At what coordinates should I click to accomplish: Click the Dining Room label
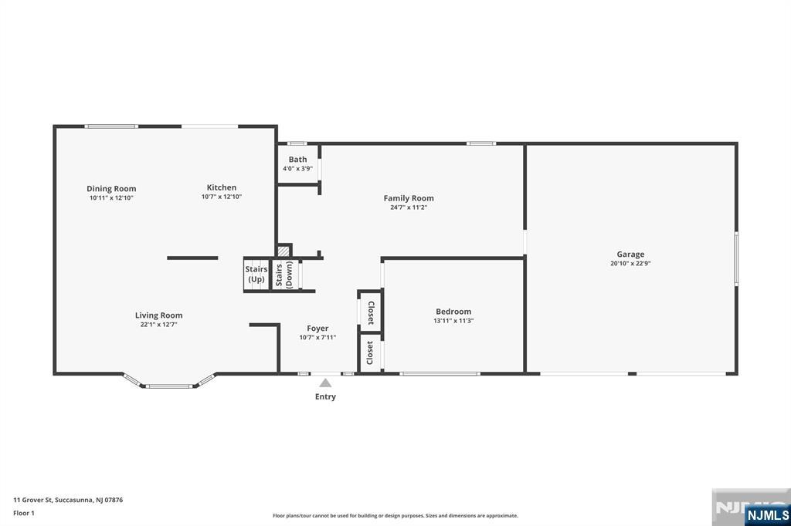tap(111, 188)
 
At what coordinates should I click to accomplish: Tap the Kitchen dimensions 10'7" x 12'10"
tap(222, 197)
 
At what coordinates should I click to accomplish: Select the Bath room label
tap(297, 160)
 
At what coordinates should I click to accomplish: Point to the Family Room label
tap(409, 198)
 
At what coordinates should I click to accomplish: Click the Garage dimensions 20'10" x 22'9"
tap(630, 263)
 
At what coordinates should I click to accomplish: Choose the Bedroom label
tap(453, 312)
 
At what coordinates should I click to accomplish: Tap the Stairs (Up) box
tap(256, 274)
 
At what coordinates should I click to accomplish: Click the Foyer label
tap(317, 329)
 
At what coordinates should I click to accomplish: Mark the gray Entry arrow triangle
tap(326, 383)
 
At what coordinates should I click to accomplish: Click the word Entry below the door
tap(325, 397)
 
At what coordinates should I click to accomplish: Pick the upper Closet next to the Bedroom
tap(371, 312)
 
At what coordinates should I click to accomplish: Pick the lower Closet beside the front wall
tap(370, 353)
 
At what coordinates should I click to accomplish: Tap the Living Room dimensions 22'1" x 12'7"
tap(158, 325)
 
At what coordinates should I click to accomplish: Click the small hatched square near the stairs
tap(284, 251)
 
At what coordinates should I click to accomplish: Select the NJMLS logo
tap(767, 514)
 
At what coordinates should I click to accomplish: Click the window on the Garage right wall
tap(736, 258)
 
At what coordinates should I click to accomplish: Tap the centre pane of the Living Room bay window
tap(169, 386)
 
